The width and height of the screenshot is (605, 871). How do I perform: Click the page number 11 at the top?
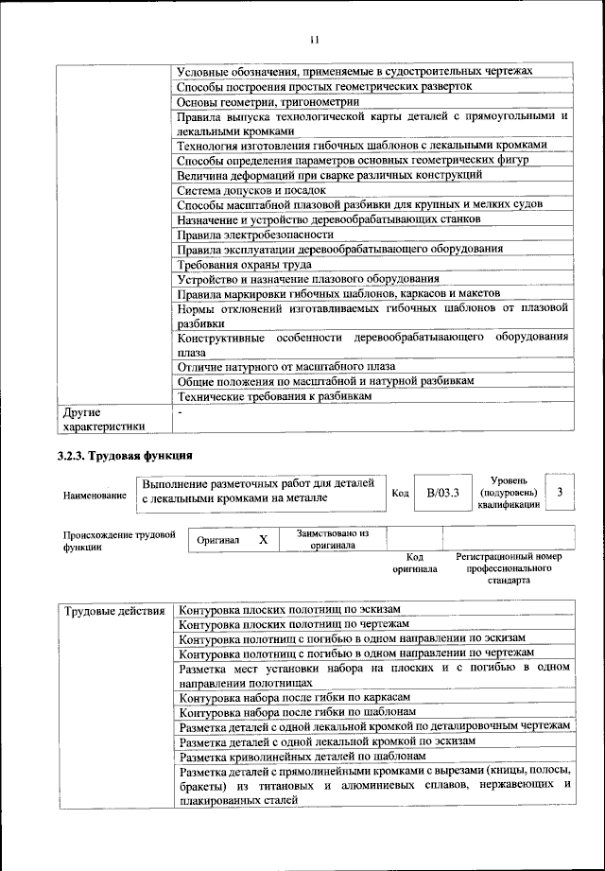[314, 39]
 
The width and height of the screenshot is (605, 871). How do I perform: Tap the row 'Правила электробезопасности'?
[255, 234]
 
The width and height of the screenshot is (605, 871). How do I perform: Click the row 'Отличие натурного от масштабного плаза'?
[286, 366]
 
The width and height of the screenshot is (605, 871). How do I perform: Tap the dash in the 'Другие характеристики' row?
[180, 412]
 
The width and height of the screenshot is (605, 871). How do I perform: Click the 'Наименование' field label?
[95, 495]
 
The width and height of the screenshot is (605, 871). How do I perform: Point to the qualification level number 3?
[560, 492]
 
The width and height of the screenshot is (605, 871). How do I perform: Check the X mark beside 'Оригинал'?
[264, 539]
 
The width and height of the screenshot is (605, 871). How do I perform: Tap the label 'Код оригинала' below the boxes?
[415, 564]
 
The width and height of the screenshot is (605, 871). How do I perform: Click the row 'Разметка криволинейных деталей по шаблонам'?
[302, 757]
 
